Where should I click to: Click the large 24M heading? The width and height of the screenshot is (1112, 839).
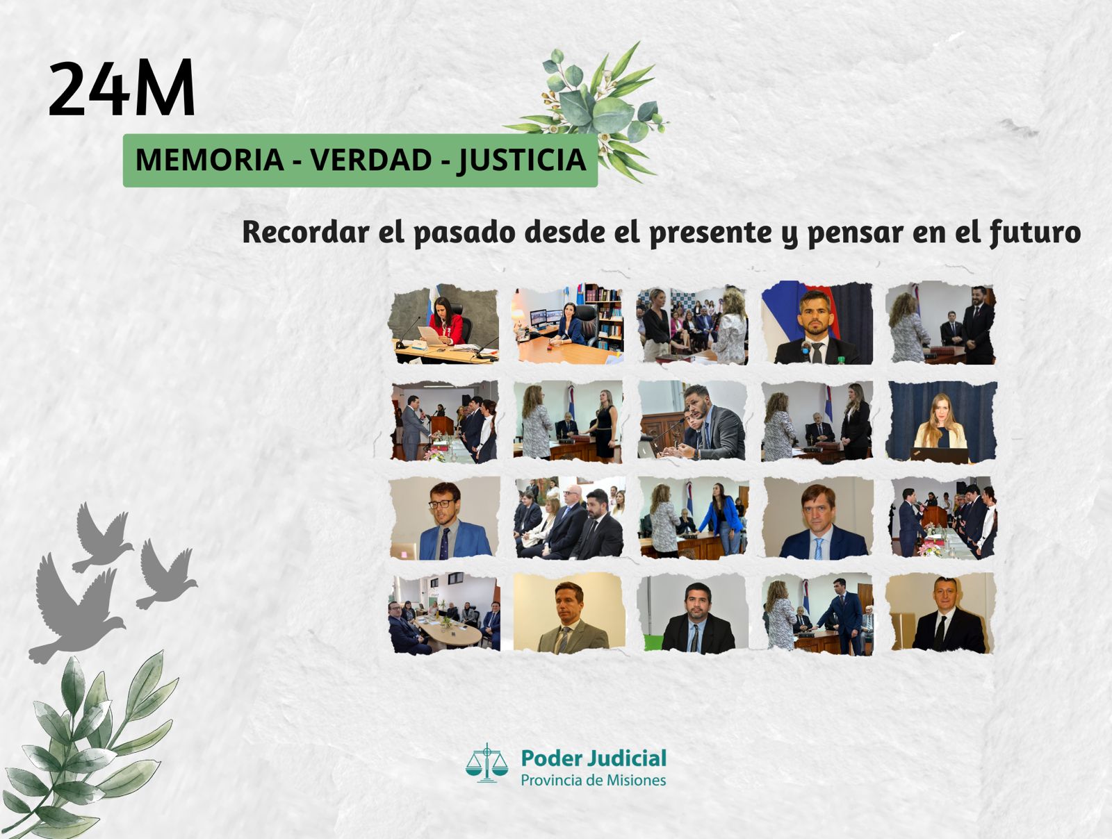(122, 88)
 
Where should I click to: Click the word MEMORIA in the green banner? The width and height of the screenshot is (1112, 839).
(209, 160)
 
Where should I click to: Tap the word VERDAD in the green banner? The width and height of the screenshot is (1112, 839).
(371, 160)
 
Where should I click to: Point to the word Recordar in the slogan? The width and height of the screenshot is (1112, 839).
(306, 232)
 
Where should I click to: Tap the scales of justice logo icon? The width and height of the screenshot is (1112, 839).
(486, 763)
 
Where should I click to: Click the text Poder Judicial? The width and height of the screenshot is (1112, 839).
(594, 758)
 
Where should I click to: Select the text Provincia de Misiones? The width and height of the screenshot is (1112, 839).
(594, 780)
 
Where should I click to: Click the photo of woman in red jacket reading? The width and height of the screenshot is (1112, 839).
(444, 324)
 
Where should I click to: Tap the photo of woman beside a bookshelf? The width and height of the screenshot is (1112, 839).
(568, 324)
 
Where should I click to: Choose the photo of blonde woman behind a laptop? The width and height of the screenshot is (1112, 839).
(941, 421)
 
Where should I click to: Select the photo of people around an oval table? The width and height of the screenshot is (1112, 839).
(445, 613)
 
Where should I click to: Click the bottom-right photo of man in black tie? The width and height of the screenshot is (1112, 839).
(940, 613)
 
